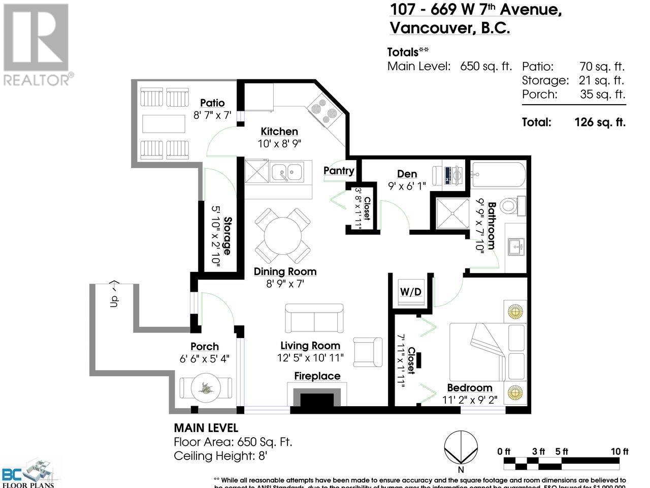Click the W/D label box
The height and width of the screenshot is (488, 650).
tap(411, 292)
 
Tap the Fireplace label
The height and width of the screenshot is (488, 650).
tap(317, 376)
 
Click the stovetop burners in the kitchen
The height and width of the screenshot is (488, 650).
tap(323, 108)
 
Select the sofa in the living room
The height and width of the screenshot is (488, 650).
tap(315, 318)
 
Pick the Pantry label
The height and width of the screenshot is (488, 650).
tap(339, 170)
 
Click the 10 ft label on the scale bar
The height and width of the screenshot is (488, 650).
tap(619, 451)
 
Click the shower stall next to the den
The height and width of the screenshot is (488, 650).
tap(451, 213)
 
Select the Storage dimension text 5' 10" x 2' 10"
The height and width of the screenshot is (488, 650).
tap(220, 234)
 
